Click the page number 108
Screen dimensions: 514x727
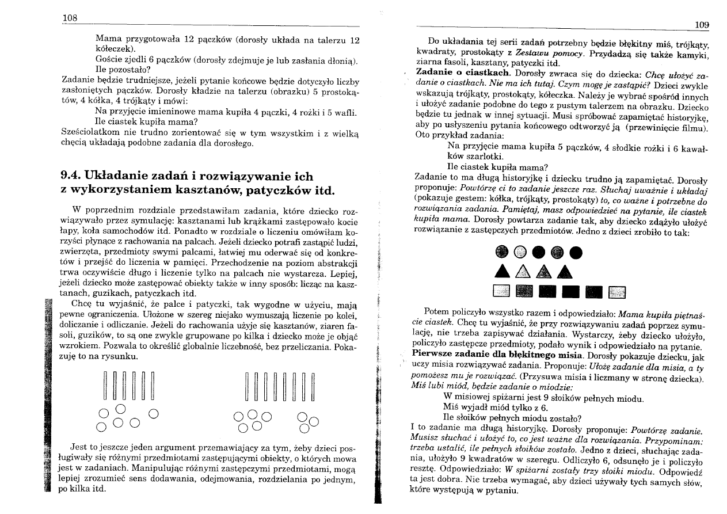70,17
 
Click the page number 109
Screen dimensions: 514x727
702,24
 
